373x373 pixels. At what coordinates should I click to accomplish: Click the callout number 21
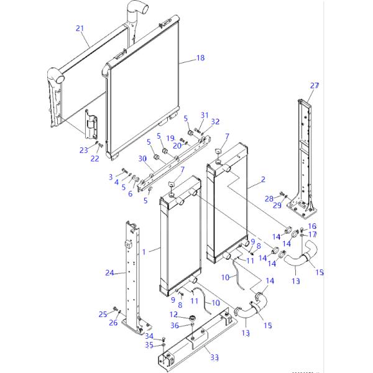click(x=79, y=28)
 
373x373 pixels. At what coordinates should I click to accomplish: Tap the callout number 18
click(x=200, y=58)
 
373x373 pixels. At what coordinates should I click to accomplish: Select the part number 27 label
click(x=315, y=85)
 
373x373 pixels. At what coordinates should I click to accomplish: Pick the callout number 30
click(x=142, y=159)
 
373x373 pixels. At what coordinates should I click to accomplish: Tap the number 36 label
click(x=175, y=325)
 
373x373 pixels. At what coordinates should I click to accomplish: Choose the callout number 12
click(x=174, y=315)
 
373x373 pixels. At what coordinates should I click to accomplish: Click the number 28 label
click(x=269, y=198)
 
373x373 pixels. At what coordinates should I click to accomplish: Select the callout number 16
click(x=312, y=226)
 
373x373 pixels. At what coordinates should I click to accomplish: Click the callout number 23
click(x=84, y=150)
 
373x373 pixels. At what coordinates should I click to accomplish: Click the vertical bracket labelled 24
click(x=134, y=274)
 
